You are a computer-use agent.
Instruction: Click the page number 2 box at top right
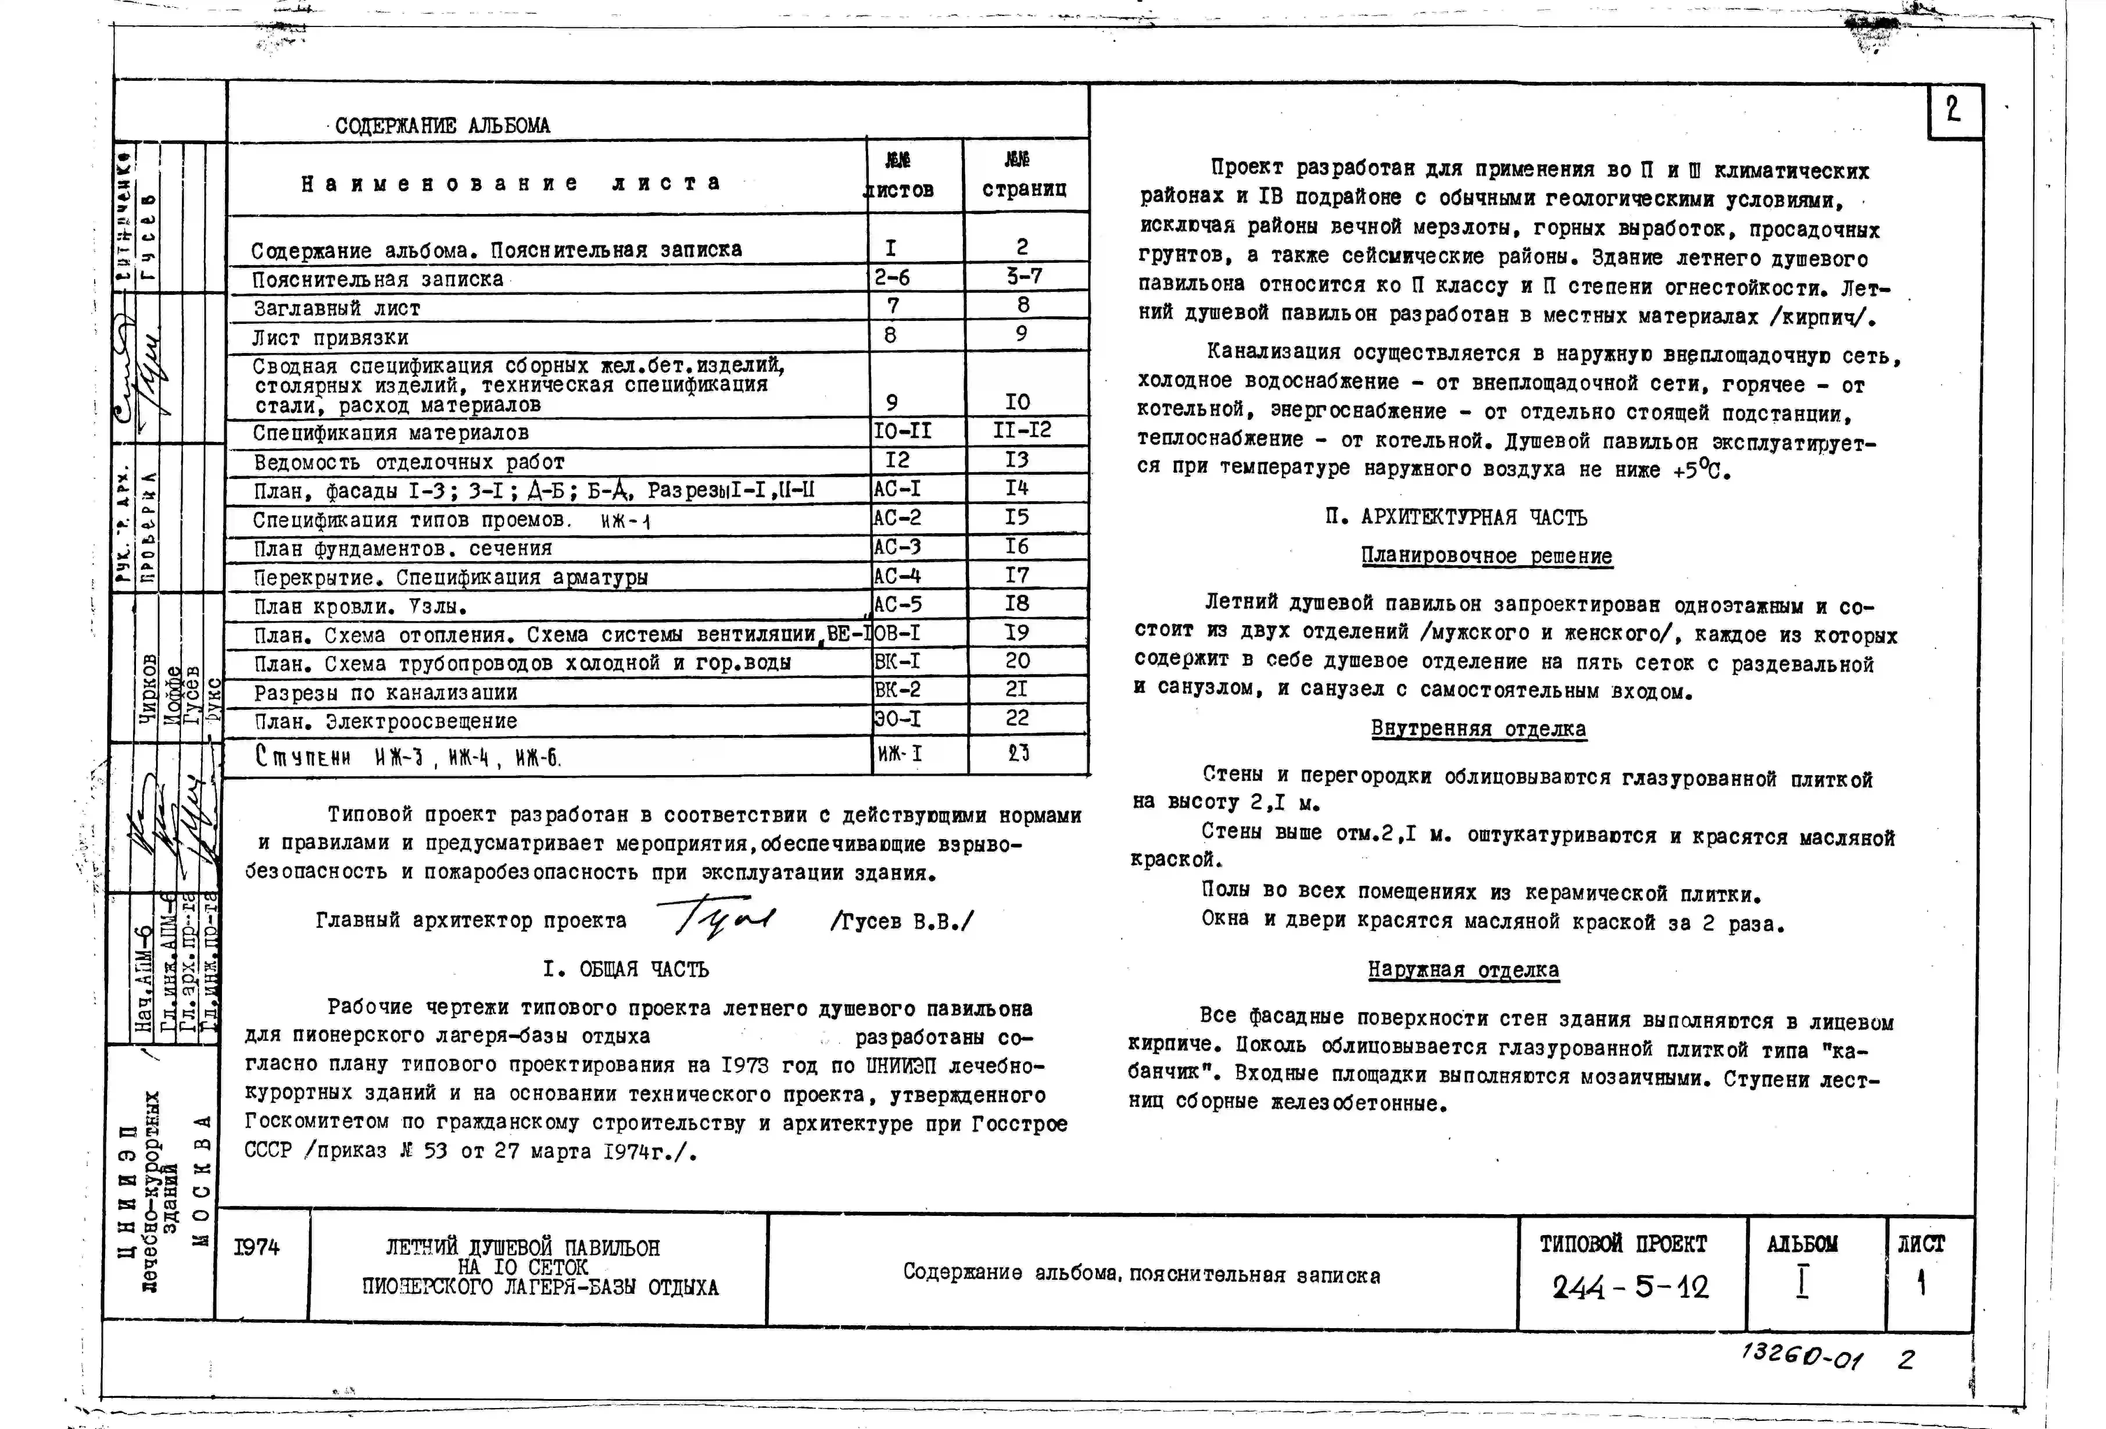1954,110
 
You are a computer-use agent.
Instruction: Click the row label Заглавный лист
337,308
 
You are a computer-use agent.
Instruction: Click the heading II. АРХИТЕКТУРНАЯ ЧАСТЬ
1456,518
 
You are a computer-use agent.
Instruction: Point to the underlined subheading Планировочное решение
1487,556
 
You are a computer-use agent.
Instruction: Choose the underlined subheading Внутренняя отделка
1478,729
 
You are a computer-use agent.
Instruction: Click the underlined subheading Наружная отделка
1464,969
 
